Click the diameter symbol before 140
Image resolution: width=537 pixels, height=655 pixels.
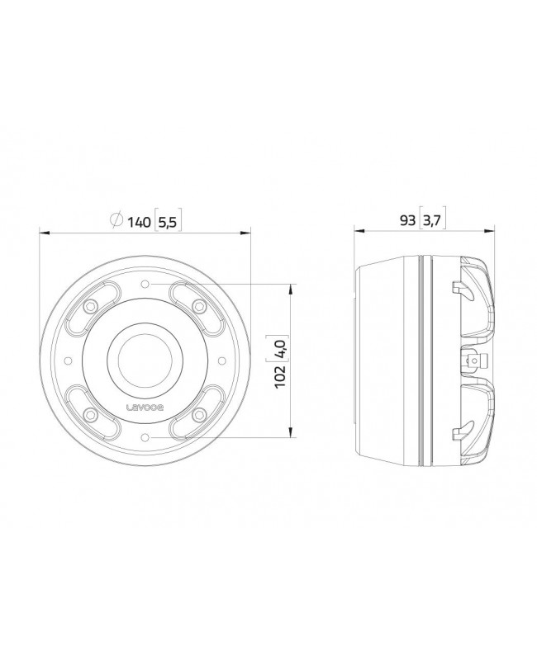pos(116,220)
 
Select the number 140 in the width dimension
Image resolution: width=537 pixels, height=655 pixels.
pos(138,220)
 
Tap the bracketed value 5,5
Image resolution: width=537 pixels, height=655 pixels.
pos(168,220)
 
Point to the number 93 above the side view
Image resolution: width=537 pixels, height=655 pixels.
pos(407,220)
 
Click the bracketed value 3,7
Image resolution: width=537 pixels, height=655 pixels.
pos(432,220)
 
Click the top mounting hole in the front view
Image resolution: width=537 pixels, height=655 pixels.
pos(145,284)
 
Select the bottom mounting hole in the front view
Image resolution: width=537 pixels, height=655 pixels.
pos(145,437)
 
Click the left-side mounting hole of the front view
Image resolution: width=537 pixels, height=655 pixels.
pos(69,360)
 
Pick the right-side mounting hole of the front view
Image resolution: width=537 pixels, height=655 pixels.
pos(221,360)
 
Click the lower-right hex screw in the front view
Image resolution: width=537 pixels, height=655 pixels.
pos(198,415)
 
